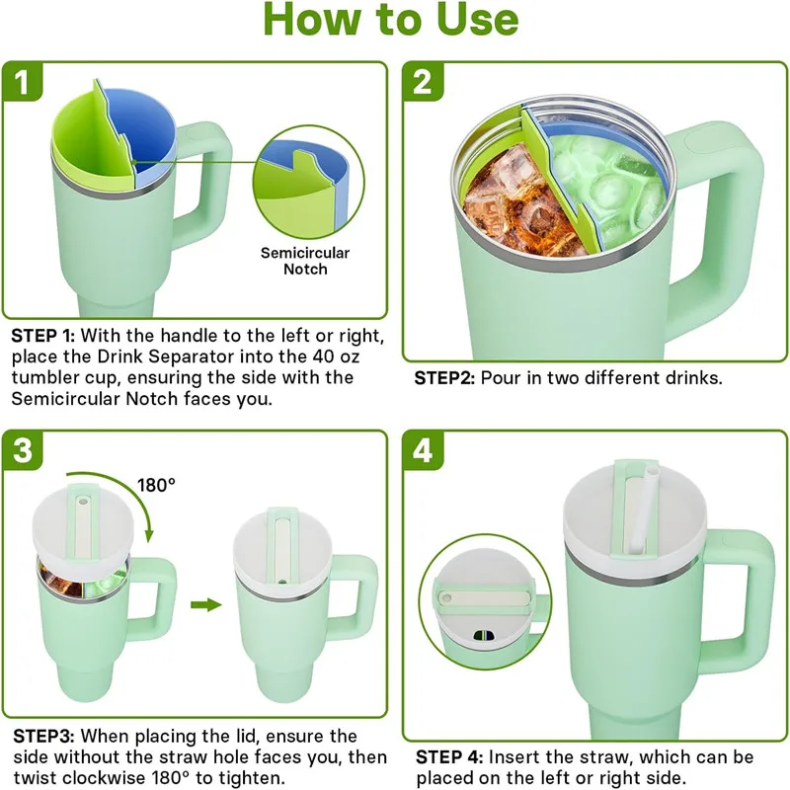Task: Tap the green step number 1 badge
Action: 23,82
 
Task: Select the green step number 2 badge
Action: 423,82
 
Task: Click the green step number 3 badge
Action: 23,450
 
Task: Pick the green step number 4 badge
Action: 423,450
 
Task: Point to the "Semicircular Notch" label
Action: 305,261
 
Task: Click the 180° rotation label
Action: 156,485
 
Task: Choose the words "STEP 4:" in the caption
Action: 447,756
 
